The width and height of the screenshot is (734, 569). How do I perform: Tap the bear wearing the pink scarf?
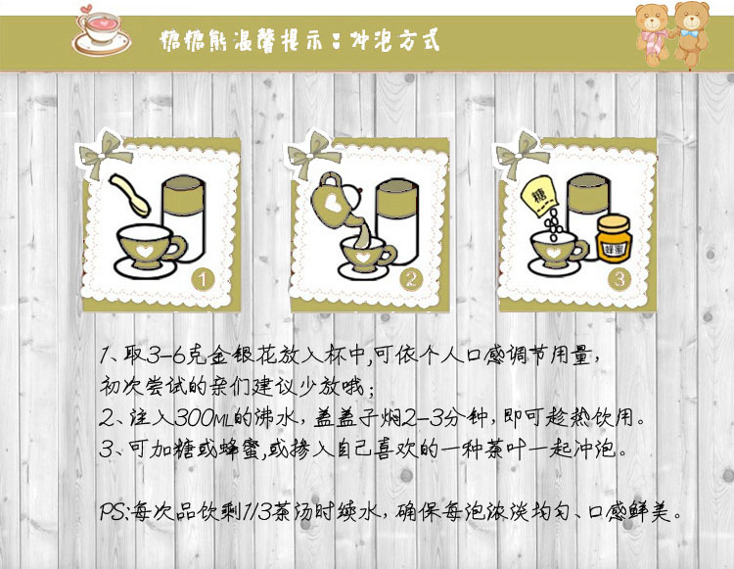pos(653,33)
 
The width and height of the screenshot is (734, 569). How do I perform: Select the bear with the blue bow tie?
pos(691,32)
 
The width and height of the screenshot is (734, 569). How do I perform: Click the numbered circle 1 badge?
pos(203,279)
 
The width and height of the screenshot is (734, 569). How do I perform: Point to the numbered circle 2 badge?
pos(411,279)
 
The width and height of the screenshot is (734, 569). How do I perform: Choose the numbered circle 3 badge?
pos(619,279)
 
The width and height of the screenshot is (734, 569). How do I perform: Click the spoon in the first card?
pos(129,195)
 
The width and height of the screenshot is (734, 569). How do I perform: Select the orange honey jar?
pos(614,238)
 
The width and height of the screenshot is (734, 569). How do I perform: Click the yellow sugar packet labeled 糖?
pos(539,195)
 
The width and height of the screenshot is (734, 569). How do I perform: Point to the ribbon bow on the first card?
pos(104,154)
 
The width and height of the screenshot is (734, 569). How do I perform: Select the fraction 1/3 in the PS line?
pos(256,511)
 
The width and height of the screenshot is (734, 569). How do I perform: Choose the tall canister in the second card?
pos(396,221)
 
